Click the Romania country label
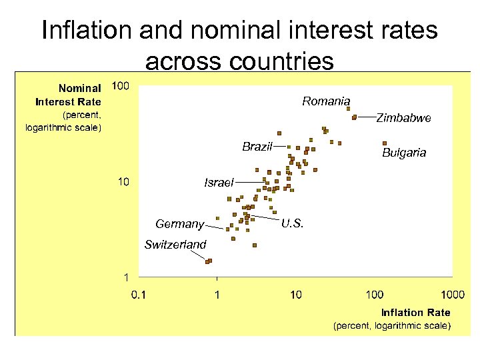(x=326, y=101)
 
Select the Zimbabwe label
(x=404, y=118)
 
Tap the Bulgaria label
(x=404, y=153)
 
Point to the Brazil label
(x=257, y=147)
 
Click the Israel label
(x=219, y=183)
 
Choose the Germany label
(x=179, y=224)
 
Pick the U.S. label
(x=293, y=224)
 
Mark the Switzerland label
(x=175, y=245)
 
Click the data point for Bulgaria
(x=385, y=143)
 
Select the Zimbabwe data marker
(x=355, y=117)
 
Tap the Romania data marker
(x=348, y=109)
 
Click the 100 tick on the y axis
(x=121, y=86)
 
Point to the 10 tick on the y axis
(x=123, y=181)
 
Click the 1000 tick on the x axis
(x=452, y=294)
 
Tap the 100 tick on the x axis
(x=374, y=294)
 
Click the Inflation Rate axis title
(x=415, y=312)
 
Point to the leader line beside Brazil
(x=280, y=145)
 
